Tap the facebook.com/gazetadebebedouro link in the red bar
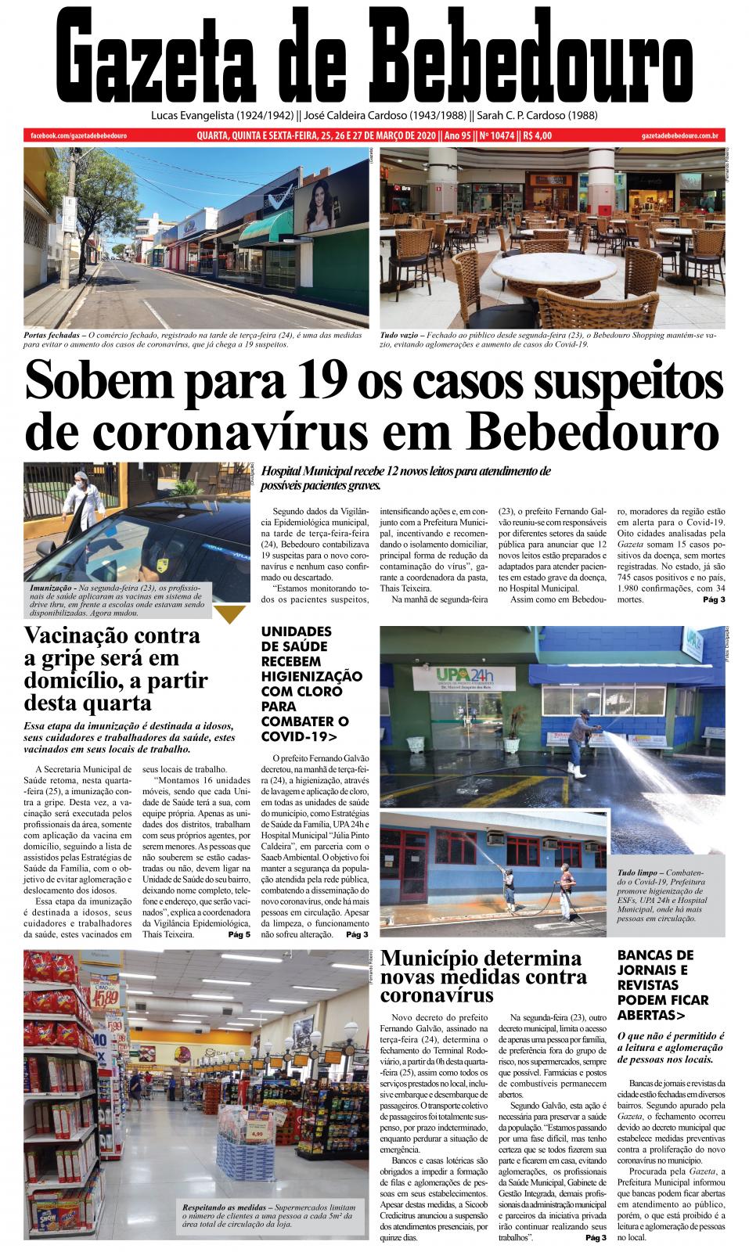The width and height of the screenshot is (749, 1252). pyautogui.click(x=78, y=136)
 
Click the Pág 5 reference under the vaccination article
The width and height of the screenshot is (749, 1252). pyautogui.click(x=239, y=934)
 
